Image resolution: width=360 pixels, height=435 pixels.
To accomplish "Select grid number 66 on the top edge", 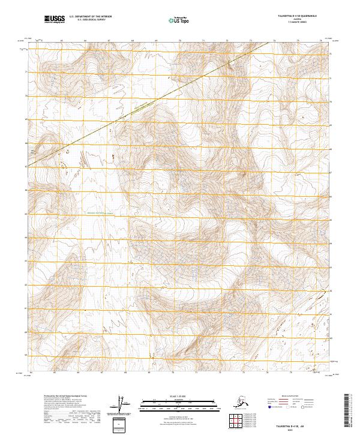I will click(85, 41).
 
